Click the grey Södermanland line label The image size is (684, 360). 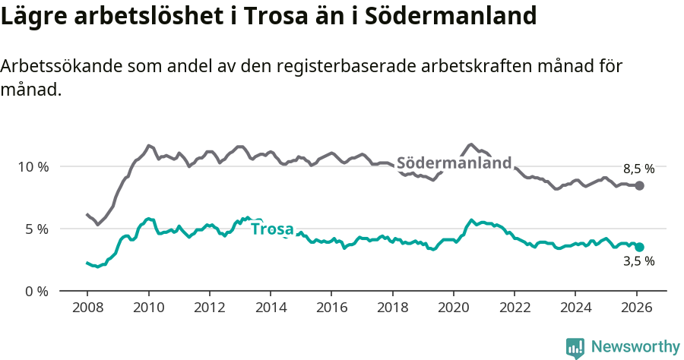click(454, 163)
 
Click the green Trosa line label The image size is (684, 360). click(272, 229)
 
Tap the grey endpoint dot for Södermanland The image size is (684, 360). click(640, 186)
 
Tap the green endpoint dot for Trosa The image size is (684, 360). click(640, 247)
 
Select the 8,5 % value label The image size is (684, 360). click(638, 169)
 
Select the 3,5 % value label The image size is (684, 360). click(638, 261)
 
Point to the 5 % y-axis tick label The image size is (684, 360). click(36, 229)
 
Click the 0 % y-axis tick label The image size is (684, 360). click(36, 291)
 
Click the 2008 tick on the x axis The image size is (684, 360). click(87, 308)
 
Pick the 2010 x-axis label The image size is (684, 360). click(148, 308)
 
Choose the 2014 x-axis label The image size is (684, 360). click(271, 308)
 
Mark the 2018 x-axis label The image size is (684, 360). click(392, 308)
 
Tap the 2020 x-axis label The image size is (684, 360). click(454, 308)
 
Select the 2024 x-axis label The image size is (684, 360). click(575, 308)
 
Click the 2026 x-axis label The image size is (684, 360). click(637, 308)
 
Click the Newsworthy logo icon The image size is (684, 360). click(575, 347)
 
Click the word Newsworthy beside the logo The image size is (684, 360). click(635, 347)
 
